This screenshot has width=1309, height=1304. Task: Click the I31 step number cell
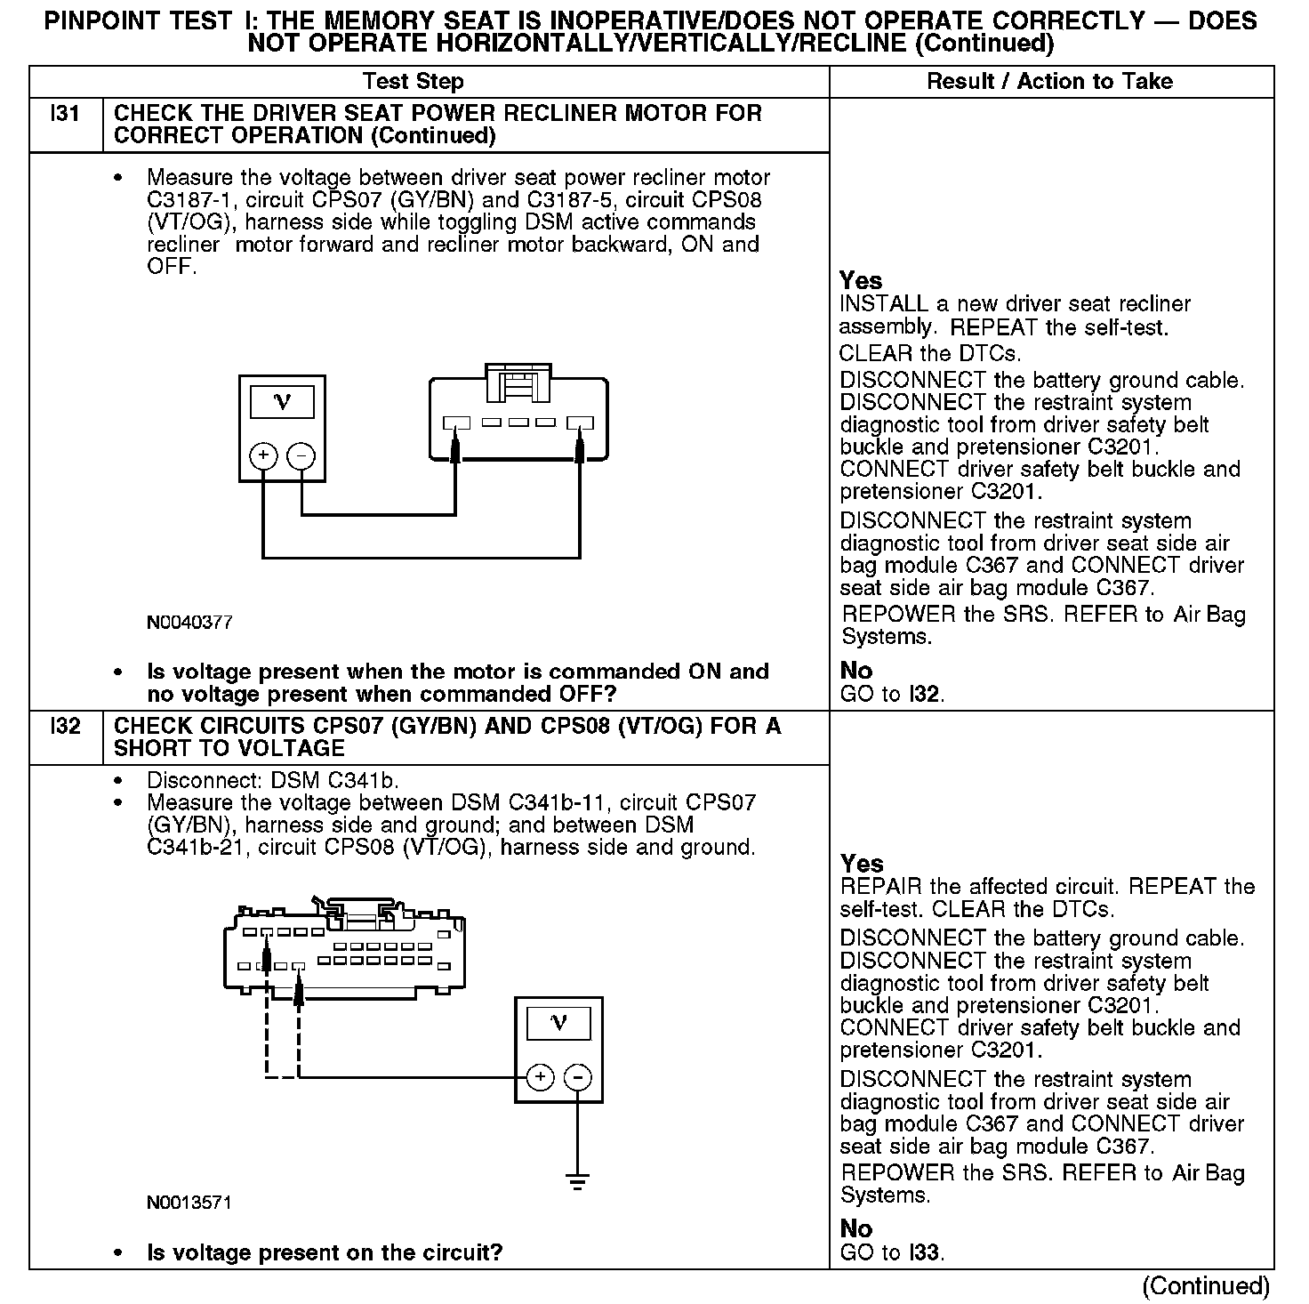pyautogui.click(x=66, y=114)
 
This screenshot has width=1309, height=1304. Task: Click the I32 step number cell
pyautogui.click(x=66, y=727)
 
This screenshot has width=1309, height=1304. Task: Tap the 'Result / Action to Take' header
pyautogui.click(x=1049, y=82)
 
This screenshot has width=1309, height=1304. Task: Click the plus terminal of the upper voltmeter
pyautogui.click(x=263, y=456)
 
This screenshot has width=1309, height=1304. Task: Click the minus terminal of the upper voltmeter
pyautogui.click(x=302, y=456)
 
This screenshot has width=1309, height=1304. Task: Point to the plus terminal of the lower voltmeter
pyautogui.click(x=540, y=1077)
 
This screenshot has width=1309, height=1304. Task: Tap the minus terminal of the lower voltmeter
pyautogui.click(x=578, y=1077)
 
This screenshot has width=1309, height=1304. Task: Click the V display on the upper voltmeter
pyautogui.click(x=283, y=402)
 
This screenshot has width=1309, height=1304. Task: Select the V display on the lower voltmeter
pyautogui.click(x=558, y=1023)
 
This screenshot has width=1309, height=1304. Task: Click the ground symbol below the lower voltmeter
pyautogui.click(x=578, y=1182)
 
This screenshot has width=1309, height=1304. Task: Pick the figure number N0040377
pyautogui.click(x=189, y=623)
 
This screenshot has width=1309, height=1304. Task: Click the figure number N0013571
pyautogui.click(x=189, y=1203)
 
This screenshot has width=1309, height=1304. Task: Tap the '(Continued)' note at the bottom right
pyautogui.click(x=1205, y=1285)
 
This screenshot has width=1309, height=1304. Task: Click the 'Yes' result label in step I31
pyautogui.click(x=861, y=281)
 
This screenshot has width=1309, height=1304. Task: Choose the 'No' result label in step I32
pyautogui.click(x=856, y=1228)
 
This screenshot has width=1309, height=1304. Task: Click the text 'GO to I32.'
pyautogui.click(x=892, y=694)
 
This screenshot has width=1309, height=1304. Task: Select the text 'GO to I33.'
pyautogui.click(x=892, y=1252)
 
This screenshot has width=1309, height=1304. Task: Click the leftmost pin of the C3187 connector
pyautogui.click(x=456, y=423)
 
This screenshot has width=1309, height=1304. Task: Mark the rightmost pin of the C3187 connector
pyautogui.click(x=581, y=423)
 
